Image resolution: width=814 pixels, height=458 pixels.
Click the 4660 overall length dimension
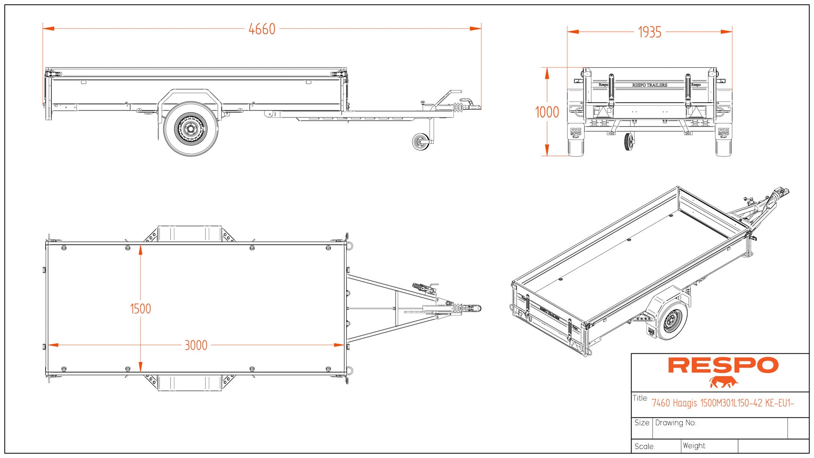coord(262,29)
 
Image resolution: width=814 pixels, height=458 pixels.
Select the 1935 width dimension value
coord(650,32)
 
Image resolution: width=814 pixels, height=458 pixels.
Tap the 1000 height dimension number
coord(547,112)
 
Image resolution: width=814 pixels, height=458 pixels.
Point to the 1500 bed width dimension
coord(140,309)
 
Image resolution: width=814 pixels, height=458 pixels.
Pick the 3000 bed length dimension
coord(196,345)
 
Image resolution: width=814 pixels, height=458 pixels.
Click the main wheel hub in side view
coord(190,128)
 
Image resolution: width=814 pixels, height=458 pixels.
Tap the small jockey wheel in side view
coord(420,142)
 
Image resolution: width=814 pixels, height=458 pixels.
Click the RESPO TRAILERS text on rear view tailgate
coord(650,85)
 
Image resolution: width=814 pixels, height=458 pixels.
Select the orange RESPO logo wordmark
coord(723,366)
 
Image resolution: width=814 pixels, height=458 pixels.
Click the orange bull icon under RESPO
coord(724,382)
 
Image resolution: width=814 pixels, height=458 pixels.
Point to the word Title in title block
coord(640,398)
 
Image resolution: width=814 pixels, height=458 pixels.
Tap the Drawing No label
coord(675,423)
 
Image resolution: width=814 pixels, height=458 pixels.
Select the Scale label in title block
coord(644,447)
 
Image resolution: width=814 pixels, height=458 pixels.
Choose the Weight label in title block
coord(694,446)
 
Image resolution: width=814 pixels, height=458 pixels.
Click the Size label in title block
coord(641,423)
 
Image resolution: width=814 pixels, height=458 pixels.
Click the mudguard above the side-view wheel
coord(190,94)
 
